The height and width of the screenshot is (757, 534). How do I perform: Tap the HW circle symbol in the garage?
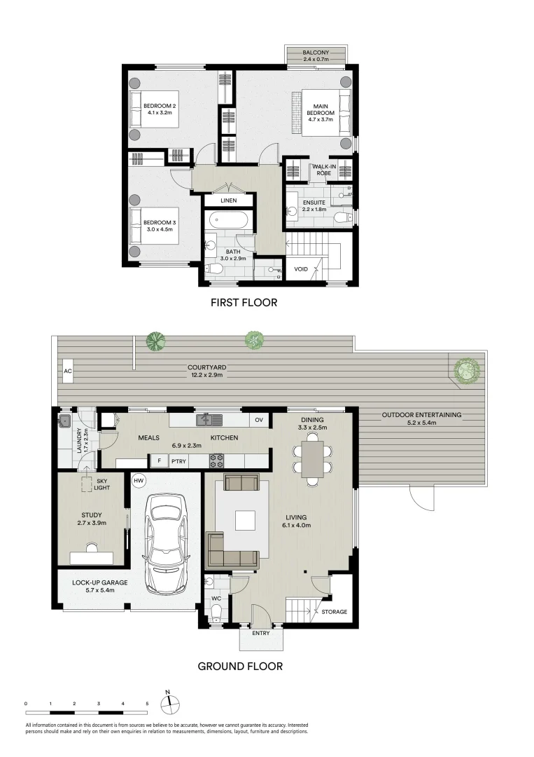click(x=139, y=480)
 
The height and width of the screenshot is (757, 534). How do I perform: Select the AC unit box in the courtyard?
click(x=67, y=371)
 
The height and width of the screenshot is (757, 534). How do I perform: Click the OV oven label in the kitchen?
click(x=259, y=420)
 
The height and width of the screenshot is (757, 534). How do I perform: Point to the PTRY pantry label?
click(x=178, y=461)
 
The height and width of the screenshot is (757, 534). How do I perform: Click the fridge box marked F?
click(x=159, y=461)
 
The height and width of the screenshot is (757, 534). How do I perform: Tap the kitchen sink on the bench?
click(x=209, y=420)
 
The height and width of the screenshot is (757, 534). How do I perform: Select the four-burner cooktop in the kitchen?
click(x=216, y=461)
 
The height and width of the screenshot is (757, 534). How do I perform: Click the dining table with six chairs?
click(x=312, y=459)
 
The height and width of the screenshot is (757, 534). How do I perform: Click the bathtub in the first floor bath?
click(x=229, y=221)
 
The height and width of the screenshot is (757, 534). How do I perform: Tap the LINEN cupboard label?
click(x=228, y=200)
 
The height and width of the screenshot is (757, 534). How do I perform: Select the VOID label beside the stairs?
click(x=301, y=269)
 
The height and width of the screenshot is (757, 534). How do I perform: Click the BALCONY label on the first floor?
click(x=316, y=53)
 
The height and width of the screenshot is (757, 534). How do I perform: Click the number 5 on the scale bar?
click(x=148, y=704)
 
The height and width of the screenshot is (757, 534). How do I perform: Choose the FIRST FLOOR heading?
click(x=244, y=303)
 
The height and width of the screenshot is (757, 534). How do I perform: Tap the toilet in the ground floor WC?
click(x=216, y=613)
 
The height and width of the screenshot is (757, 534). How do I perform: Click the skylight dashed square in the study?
click(x=87, y=484)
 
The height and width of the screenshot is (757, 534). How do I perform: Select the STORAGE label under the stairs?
click(x=334, y=612)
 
